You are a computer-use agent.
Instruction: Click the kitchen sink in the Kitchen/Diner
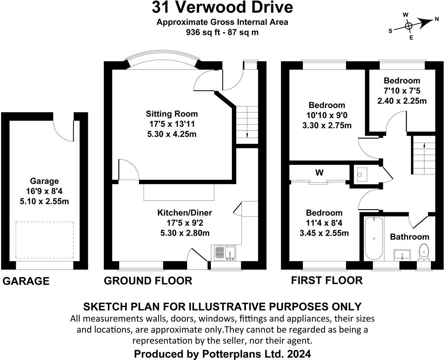(x=225, y=253)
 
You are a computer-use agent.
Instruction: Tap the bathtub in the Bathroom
(x=374, y=238)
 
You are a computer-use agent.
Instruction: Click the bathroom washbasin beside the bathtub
(x=402, y=255)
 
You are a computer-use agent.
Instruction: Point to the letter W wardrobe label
(x=319, y=173)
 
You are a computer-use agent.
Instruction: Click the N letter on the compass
(x=437, y=19)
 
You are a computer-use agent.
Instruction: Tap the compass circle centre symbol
(x=408, y=26)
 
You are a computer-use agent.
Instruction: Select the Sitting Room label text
(x=172, y=114)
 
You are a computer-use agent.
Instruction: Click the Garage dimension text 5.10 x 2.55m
(x=44, y=201)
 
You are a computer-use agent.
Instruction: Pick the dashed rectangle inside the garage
(x=44, y=240)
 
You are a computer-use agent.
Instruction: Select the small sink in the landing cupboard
(x=360, y=175)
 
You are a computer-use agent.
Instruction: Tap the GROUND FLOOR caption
(x=148, y=281)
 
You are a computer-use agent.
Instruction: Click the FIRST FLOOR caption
(x=327, y=280)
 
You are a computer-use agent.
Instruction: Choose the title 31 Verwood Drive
(x=223, y=7)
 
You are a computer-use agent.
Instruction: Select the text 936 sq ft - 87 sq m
(x=222, y=32)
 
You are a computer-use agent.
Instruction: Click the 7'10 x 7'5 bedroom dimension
(x=402, y=91)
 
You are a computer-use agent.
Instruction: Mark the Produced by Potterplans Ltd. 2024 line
(x=223, y=353)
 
